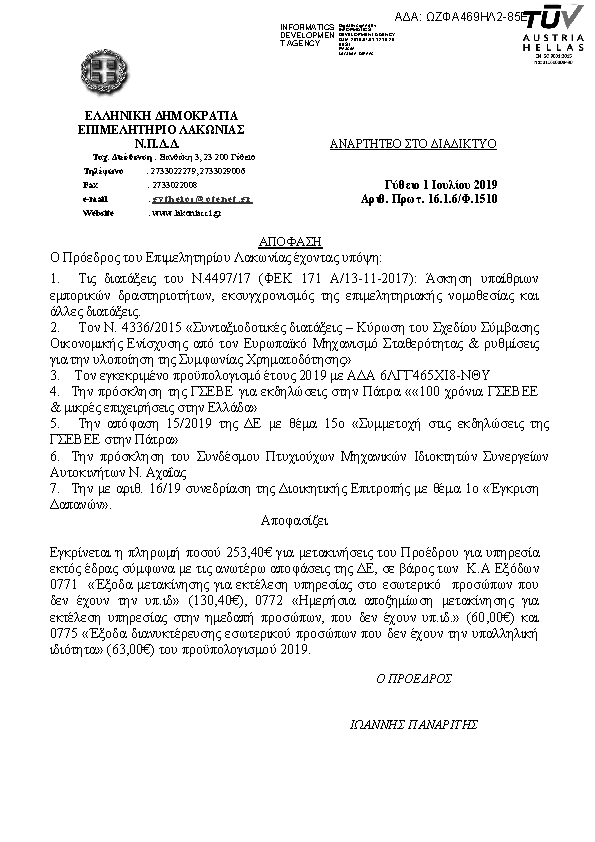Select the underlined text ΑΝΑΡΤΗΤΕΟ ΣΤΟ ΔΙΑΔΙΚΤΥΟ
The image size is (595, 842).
pyautogui.click(x=413, y=144)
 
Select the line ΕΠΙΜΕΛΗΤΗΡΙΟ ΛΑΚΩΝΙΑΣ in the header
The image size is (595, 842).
pyautogui.click(x=161, y=129)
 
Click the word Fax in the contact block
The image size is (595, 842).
pyautogui.click(x=91, y=185)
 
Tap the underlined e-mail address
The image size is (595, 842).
pyautogui.click(x=200, y=199)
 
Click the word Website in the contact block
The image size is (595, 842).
pyautogui.click(x=98, y=213)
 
